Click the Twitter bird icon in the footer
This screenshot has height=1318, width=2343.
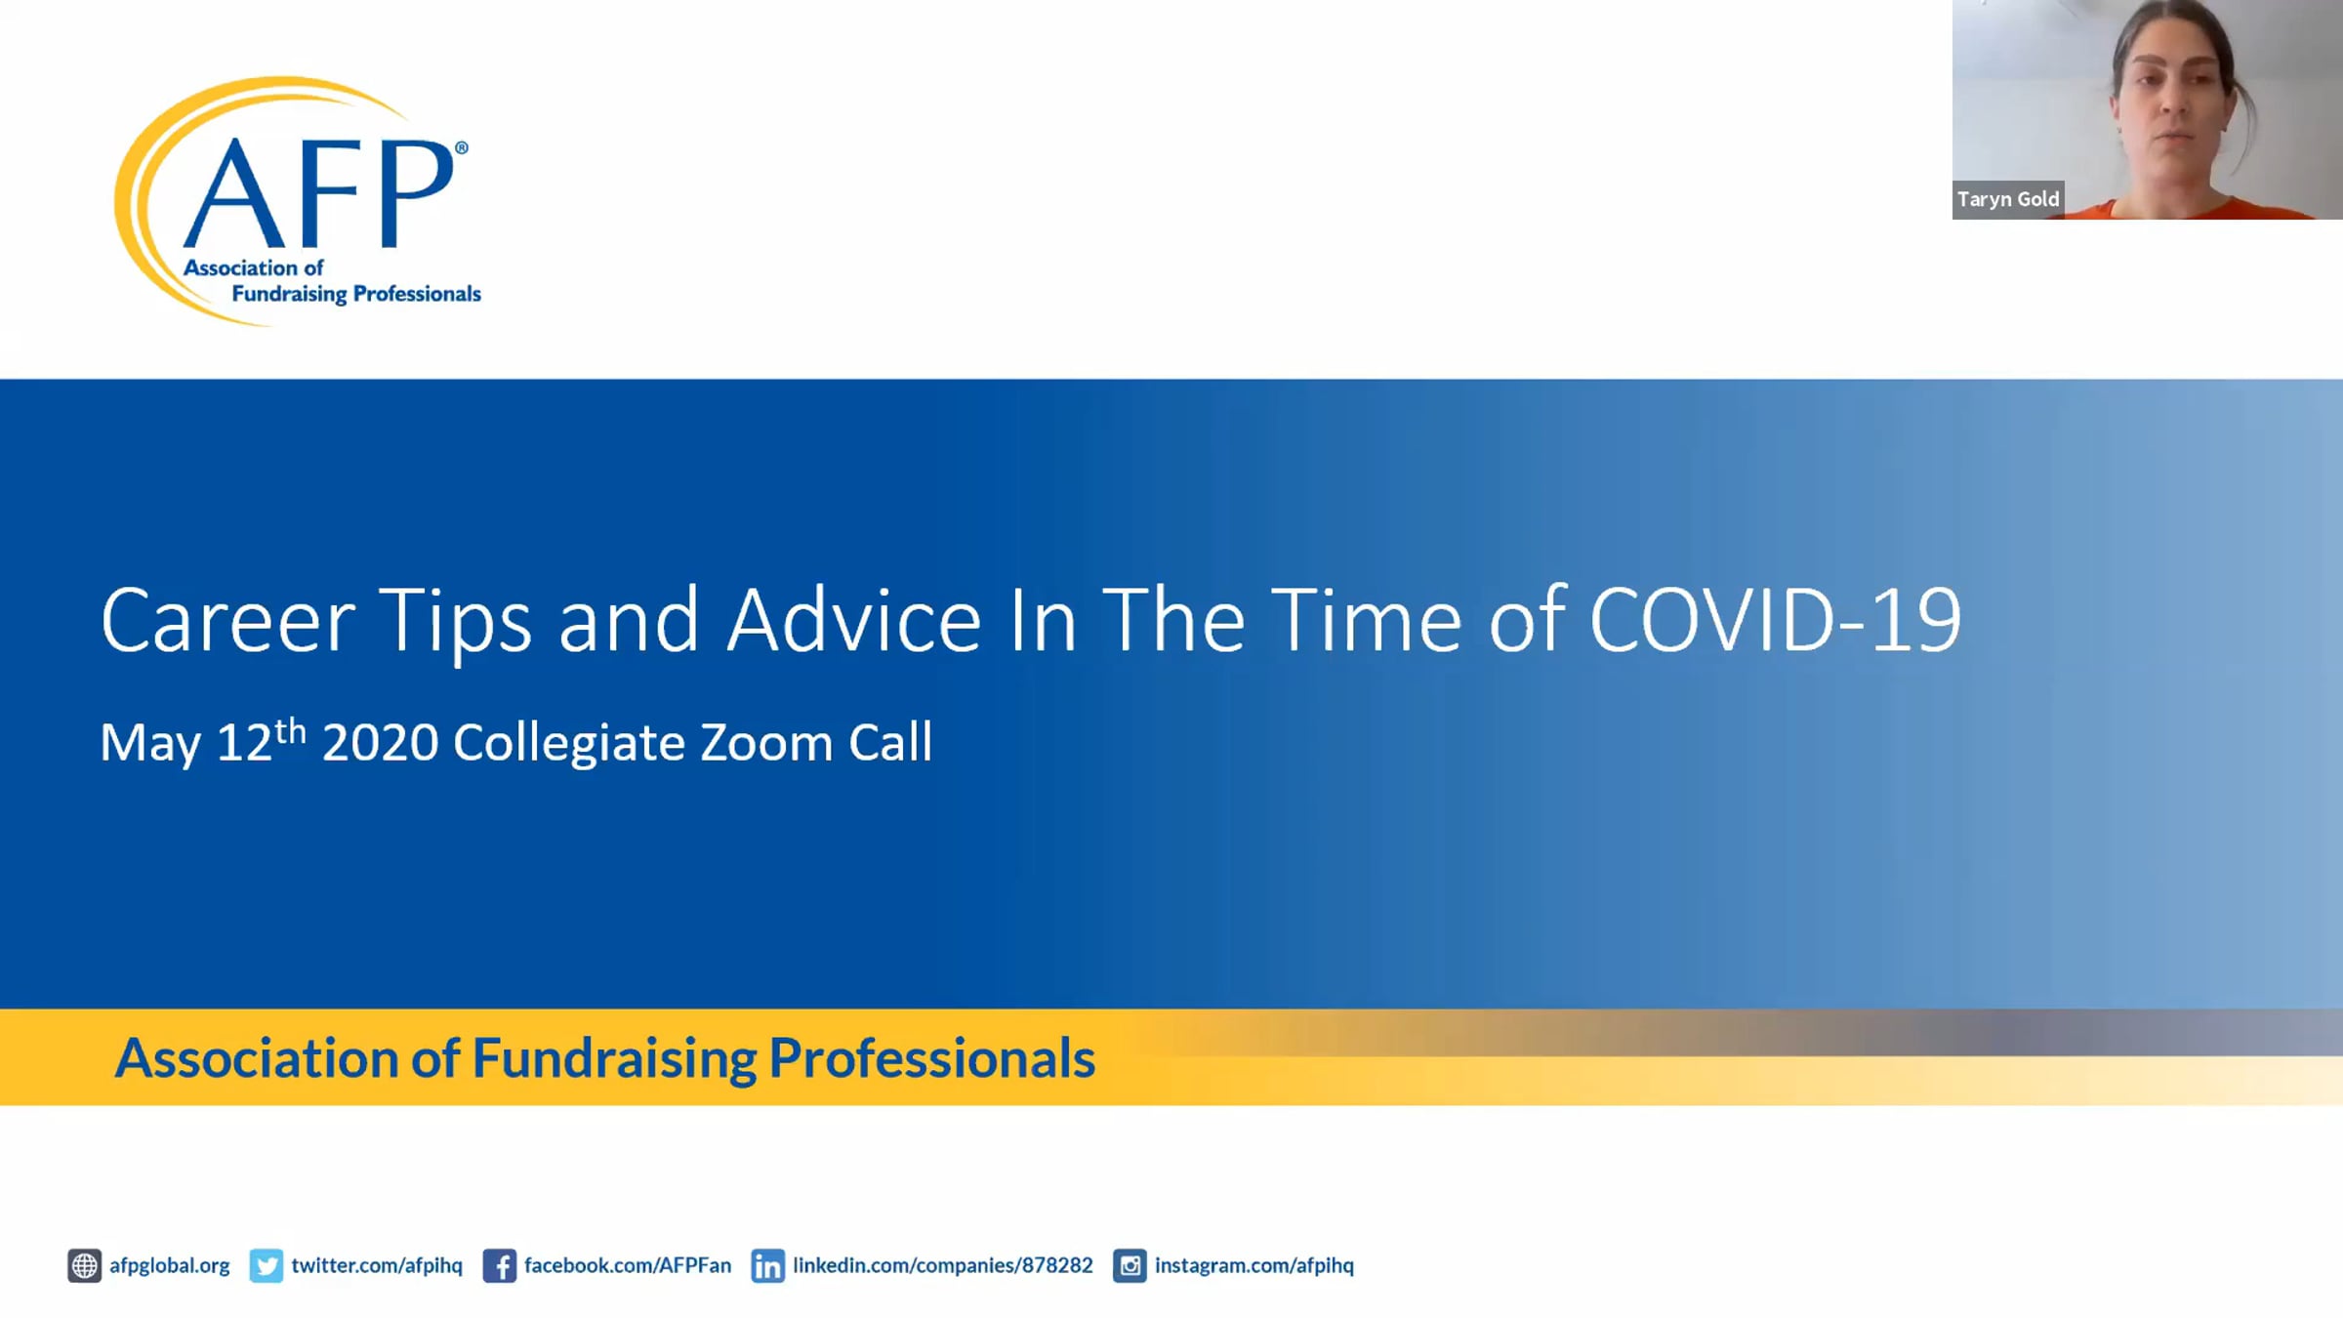tap(266, 1265)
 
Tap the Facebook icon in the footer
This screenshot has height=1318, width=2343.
tap(499, 1265)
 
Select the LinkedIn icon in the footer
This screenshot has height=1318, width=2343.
tap(767, 1265)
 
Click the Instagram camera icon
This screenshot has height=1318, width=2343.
tap(1130, 1265)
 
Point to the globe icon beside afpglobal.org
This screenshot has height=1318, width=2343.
tap(84, 1265)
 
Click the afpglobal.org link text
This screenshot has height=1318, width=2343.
tap(170, 1265)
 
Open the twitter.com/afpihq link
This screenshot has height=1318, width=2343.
tap(377, 1265)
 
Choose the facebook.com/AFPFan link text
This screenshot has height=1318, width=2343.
tap(628, 1265)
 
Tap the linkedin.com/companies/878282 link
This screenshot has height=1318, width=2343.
tap(943, 1265)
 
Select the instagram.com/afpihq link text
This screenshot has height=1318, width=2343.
tap(1254, 1265)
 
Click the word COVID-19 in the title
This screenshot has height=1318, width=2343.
tap(1776, 620)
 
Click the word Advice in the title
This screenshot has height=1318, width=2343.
tap(854, 620)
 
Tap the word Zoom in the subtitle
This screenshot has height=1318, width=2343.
tap(765, 743)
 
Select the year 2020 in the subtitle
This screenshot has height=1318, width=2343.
tap(381, 743)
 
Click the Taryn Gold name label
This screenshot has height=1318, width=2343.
tap(2008, 199)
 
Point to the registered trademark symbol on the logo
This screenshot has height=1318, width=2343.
tap(462, 147)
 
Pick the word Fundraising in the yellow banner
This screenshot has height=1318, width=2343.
tap(615, 1059)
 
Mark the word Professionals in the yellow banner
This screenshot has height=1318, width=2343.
tap(932, 1058)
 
